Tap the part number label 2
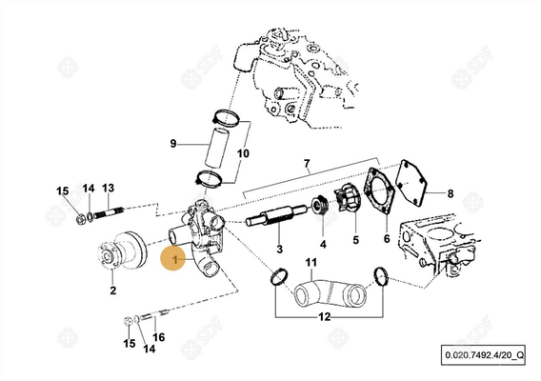112,291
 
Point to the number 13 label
108,188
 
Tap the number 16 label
159,336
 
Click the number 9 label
173,144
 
